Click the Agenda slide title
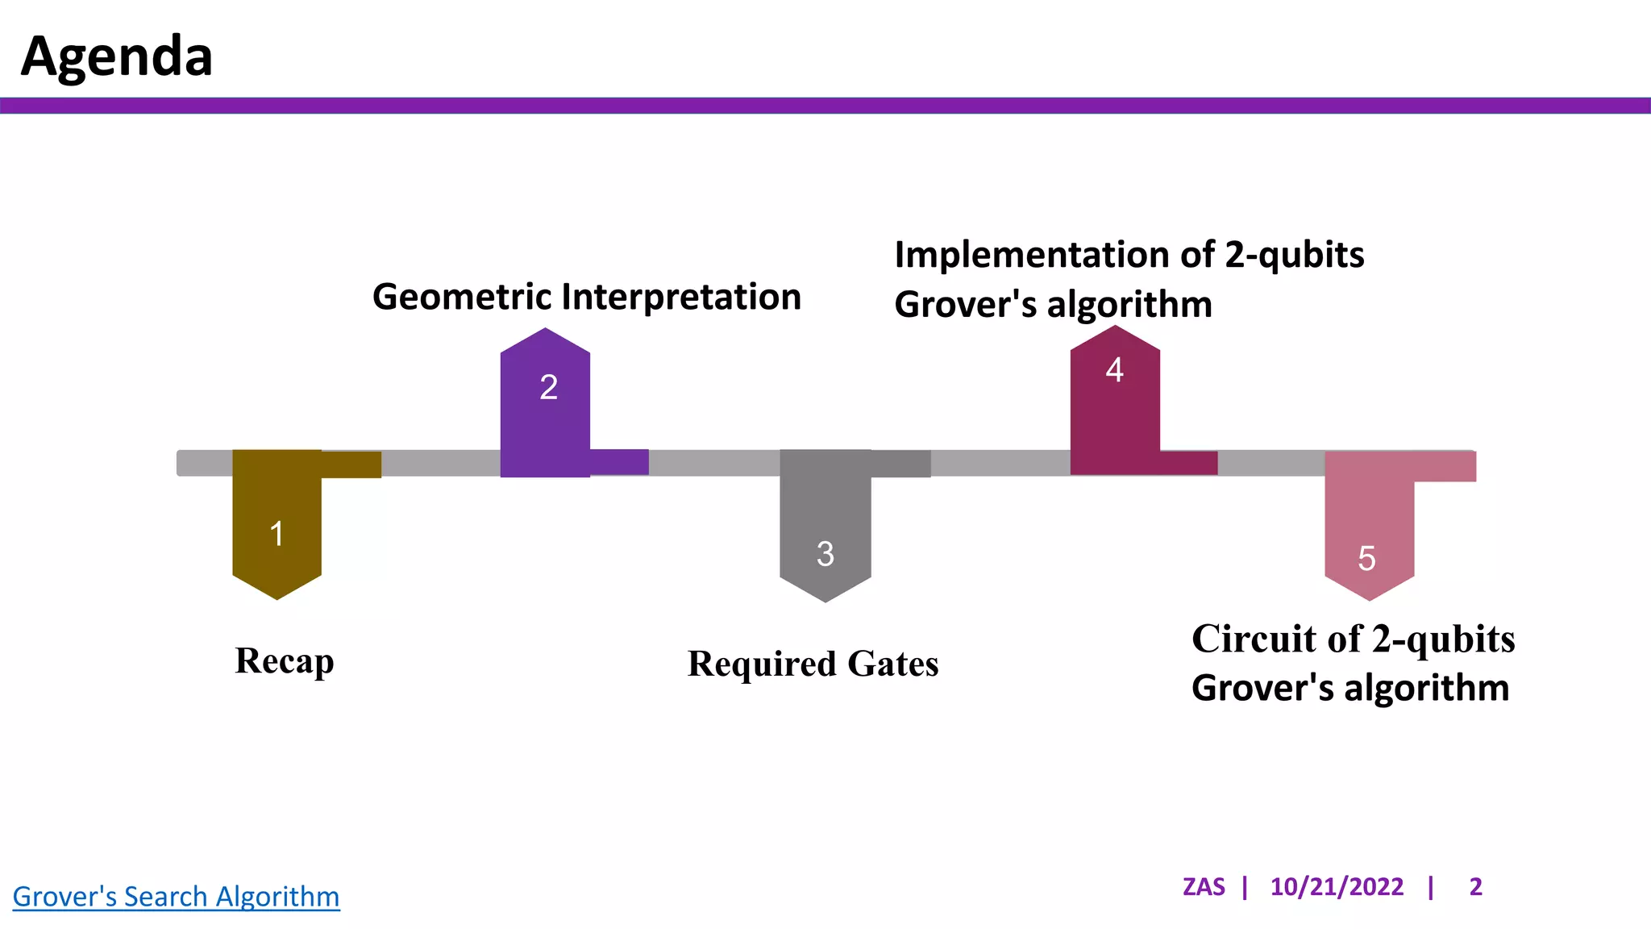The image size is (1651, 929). [x=117, y=56]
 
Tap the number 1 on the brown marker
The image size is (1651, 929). [x=277, y=534]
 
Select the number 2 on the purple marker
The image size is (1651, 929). [x=548, y=388]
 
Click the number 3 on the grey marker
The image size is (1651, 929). [x=825, y=554]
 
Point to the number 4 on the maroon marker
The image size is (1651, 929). [x=1114, y=370]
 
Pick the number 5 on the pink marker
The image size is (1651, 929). [x=1366, y=559]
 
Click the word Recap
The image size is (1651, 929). [x=285, y=661]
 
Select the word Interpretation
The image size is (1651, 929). [x=681, y=297]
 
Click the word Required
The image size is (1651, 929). [x=762, y=664]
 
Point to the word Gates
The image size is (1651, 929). [x=892, y=664]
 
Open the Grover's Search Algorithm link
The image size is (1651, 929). [x=176, y=896]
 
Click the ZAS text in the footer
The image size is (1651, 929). [x=1203, y=887]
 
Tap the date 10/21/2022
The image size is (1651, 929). [x=1337, y=887]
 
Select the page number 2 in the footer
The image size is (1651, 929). [x=1475, y=887]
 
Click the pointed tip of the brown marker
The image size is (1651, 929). [x=277, y=598]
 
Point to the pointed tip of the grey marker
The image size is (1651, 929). [x=825, y=600]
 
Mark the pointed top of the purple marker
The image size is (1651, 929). [x=546, y=330]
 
